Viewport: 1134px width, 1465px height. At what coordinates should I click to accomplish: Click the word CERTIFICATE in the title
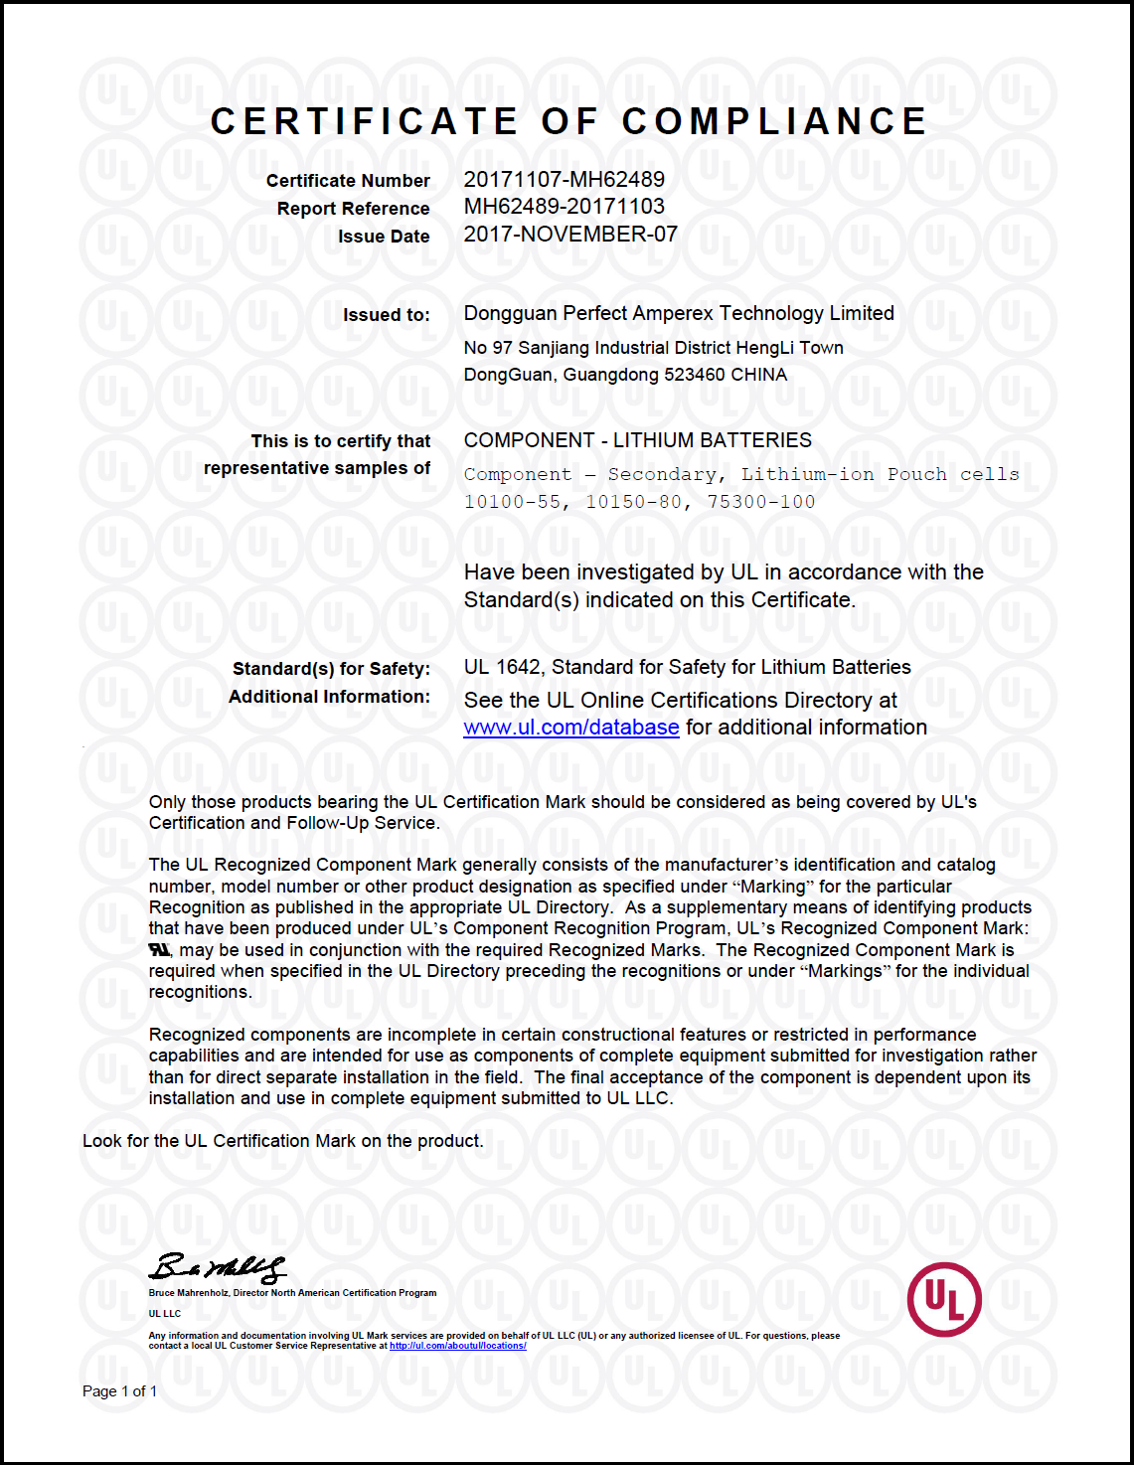[364, 121]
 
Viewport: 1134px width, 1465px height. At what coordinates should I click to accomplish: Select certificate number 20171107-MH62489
[564, 180]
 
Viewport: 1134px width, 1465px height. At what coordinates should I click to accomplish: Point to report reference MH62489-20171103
[564, 207]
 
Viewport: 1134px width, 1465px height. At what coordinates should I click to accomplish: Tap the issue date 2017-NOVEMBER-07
[570, 235]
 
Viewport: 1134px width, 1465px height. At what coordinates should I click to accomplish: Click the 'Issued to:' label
[387, 315]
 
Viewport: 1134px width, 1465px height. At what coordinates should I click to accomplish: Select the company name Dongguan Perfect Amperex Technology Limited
[679, 313]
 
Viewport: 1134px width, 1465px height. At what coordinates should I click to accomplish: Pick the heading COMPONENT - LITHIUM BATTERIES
[637, 440]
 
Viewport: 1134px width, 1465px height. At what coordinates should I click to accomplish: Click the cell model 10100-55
[512, 502]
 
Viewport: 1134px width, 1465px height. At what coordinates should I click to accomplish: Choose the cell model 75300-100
[760, 502]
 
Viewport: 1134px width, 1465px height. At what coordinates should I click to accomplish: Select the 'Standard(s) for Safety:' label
[331, 669]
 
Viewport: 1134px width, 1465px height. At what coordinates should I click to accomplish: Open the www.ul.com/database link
[571, 728]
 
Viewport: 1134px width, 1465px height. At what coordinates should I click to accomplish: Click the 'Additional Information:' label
[329, 697]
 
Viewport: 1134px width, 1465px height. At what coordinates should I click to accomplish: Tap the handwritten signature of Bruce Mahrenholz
[217, 1267]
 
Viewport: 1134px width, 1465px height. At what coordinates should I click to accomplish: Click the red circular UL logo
[944, 1299]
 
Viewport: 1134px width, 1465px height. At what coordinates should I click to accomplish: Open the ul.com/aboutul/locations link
[457, 1346]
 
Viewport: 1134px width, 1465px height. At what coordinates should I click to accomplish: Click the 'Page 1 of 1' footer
[119, 1391]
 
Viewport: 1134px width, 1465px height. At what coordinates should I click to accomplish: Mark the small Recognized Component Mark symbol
[159, 950]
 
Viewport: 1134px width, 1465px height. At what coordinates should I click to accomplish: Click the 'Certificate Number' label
[348, 181]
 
